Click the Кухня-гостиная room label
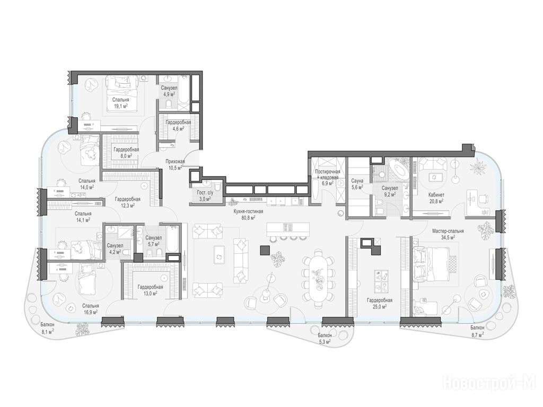click(x=247, y=211)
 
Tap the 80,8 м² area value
click(x=248, y=218)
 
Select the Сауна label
click(x=357, y=181)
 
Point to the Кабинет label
click(x=436, y=195)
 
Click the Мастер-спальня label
click(x=448, y=231)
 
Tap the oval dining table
click(x=318, y=279)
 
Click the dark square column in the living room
click(x=266, y=250)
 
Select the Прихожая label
click(x=175, y=161)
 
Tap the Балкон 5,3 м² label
click(x=325, y=339)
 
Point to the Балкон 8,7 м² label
click(x=477, y=331)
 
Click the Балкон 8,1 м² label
click(x=47, y=328)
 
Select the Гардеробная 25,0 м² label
click(x=380, y=303)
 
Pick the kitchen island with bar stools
click(x=288, y=231)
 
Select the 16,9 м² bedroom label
click(x=90, y=309)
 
